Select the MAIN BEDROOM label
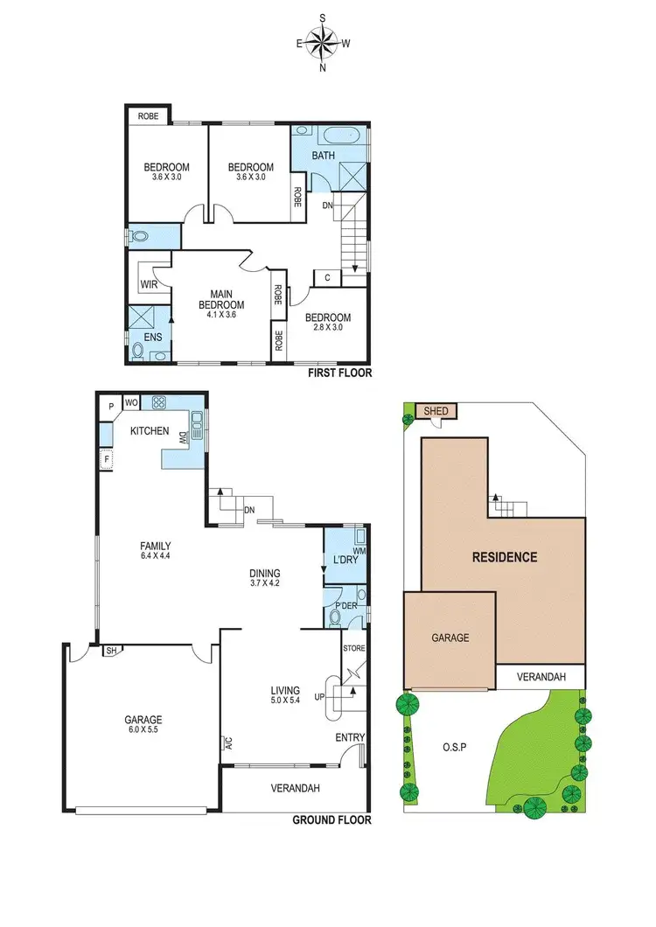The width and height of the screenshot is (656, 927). click(x=220, y=299)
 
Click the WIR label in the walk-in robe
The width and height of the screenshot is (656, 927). click(x=148, y=285)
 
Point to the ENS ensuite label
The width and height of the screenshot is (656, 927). click(x=141, y=335)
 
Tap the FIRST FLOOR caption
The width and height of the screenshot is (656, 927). click(x=339, y=373)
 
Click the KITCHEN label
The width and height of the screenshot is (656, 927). click(x=150, y=431)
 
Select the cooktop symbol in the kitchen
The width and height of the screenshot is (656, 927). click(x=160, y=403)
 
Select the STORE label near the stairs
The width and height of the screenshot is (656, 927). click(x=353, y=649)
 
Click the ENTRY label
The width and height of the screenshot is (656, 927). click(x=349, y=738)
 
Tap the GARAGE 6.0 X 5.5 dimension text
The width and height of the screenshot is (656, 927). click(x=143, y=731)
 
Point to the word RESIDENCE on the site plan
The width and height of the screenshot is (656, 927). click(x=505, y=556)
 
